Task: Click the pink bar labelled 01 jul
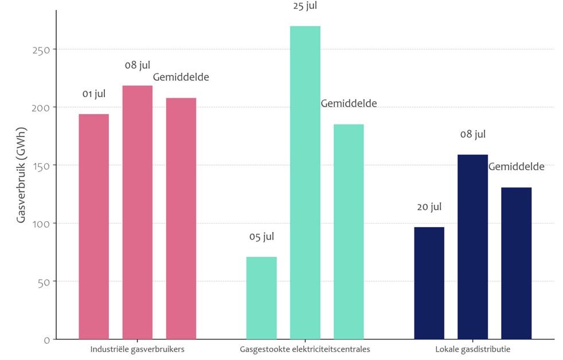[93, 226]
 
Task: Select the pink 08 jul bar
[138, 212]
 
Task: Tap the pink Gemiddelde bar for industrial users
[181, 218]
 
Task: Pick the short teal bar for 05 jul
[261, 298]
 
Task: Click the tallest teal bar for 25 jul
[305, 182]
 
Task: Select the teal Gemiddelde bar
[349, 232]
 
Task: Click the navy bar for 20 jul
[429, 283]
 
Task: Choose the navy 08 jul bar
[472, 246]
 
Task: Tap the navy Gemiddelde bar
[516, 263]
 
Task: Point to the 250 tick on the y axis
[42, 50]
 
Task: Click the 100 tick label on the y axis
[42, 224]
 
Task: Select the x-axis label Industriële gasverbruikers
[138, 349]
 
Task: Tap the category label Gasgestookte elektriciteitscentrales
[305, 349]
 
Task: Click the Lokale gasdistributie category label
[472, 349]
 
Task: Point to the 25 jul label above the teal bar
[304, 6]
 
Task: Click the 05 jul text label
[261, 237]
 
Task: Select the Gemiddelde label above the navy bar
[516, 167]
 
